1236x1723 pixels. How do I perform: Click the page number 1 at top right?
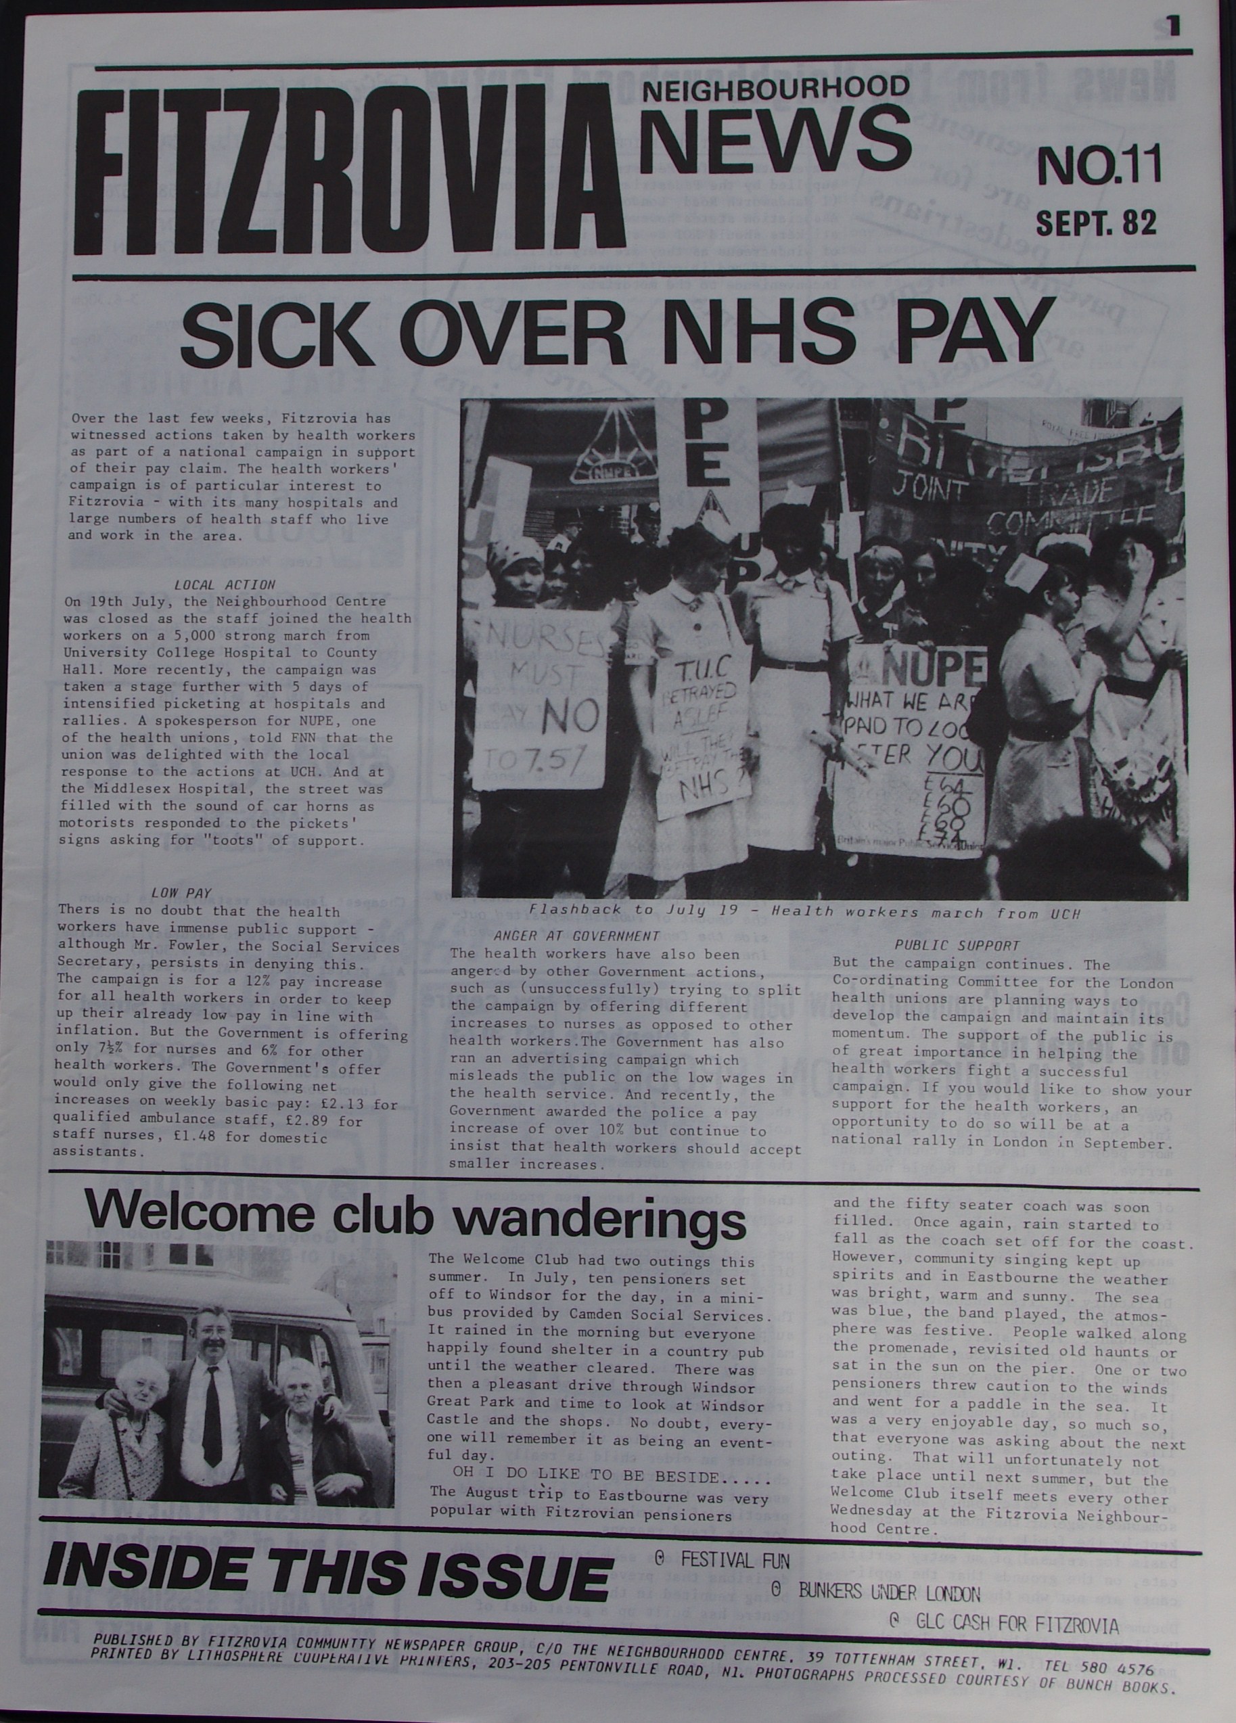pos(1174,27)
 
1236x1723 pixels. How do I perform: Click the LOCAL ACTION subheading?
pos(225,585)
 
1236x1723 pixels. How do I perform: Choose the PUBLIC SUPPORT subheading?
pos(957,946)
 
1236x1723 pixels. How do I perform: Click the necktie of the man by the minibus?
pos(212,1389)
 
